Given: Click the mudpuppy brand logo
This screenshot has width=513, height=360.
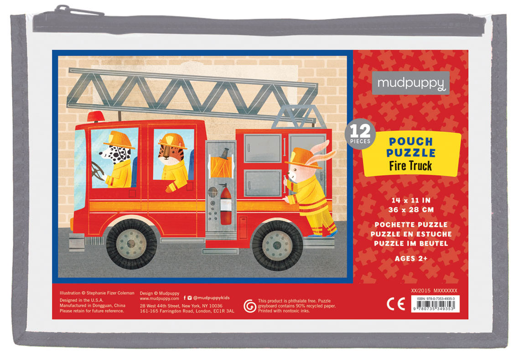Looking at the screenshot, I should pos(410,83).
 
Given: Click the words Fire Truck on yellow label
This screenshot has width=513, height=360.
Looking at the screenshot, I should pos(410,165).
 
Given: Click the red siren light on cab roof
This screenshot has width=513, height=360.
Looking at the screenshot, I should pos(96,117).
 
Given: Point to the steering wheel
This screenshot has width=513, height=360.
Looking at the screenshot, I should pos(98,171).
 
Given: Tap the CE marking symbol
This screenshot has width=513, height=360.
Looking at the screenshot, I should pos(395,304).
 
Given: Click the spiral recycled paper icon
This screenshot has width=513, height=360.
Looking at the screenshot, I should pos(249,305).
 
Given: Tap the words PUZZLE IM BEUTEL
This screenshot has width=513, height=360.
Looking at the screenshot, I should pos(411,243).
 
